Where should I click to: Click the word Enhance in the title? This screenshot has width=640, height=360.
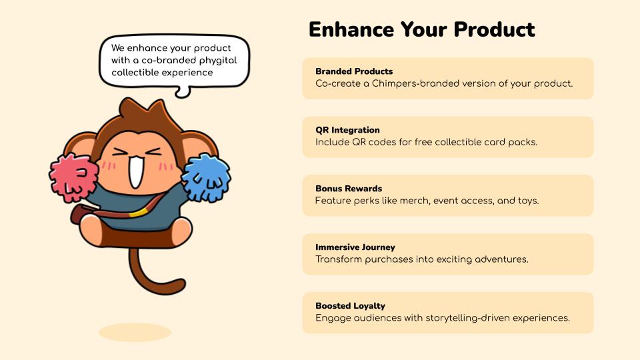pos(351,29)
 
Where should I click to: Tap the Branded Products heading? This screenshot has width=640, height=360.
pos(354,71)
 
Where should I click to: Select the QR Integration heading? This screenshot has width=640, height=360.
pos(347,130)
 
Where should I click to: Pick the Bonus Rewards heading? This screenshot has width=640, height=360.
pos(349,189)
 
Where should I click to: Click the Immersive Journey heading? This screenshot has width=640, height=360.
pos(355,247)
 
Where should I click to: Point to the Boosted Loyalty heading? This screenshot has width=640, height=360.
pos(350,306)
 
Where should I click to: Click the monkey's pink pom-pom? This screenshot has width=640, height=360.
pos(73,178)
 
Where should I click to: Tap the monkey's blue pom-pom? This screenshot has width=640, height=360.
pos(206,178)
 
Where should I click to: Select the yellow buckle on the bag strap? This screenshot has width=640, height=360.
pos(138,212)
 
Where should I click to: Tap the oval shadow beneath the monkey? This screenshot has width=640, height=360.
pos(135,332)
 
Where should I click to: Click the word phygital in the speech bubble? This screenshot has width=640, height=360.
pos(218,61)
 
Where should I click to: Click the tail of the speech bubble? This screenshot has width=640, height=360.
pos(183,92)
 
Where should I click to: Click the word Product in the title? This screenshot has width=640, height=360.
pos(494,29)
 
